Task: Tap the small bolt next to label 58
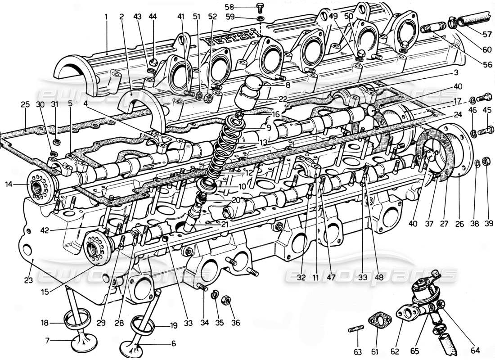pyautogui.click(x=260, y=7)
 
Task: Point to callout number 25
pyautogui.click(x=25, y=104)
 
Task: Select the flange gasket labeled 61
pyautogui.click(x=380, y=322)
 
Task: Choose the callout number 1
pyautogui.click(x=107, y=17)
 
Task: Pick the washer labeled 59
pyautogui.click(x=261, y=18)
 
